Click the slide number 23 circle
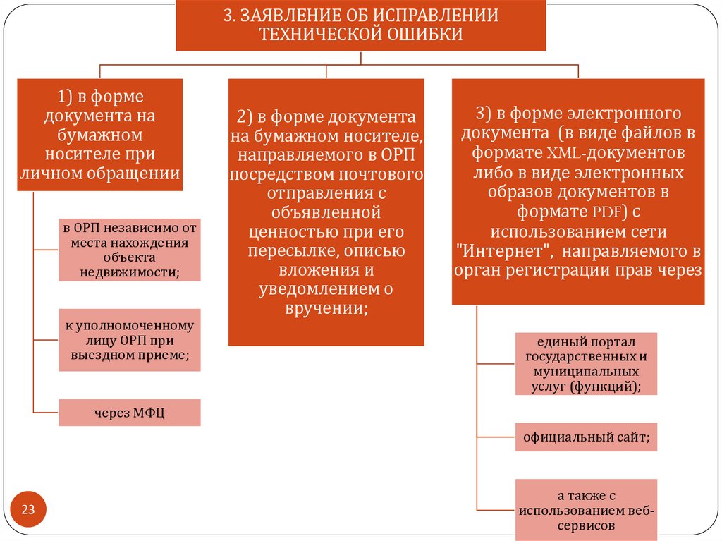click(x=29, y=510)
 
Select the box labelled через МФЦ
click(x=130, y=413)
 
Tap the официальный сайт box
click(x=585, y=438)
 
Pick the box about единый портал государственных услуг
click(x=585, y=363)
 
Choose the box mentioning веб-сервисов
click(x=585, y=506)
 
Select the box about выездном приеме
click(x=130, y=340)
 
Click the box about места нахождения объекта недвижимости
click(x=130, y=250)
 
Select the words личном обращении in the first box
click(x=99, y=173)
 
